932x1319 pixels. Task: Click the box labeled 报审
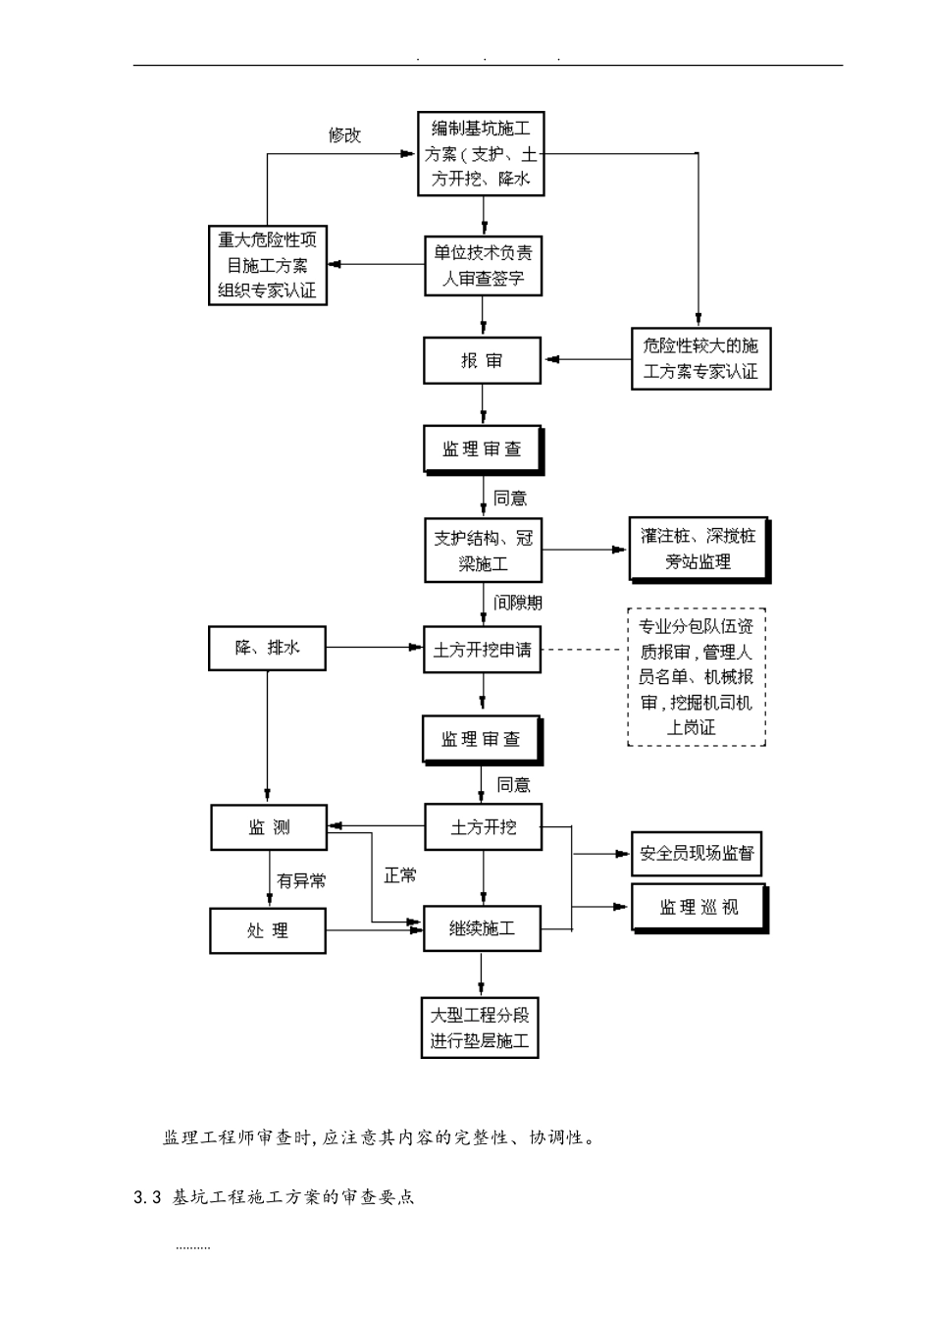(x=482, y=360)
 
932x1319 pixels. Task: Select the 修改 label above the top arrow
(x=344, y=135)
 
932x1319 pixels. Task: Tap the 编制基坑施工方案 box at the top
(x=481, y=154)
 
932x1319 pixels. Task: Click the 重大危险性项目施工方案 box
(x=267, y=266)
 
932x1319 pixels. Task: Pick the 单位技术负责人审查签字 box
(x=482, y=265)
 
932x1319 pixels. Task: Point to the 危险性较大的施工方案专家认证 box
(x=699, y=358)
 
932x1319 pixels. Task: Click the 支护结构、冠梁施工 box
(x=483, y=551)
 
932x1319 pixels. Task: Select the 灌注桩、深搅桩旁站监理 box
(x=699, y=550)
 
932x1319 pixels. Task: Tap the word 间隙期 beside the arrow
(x=518, y=602)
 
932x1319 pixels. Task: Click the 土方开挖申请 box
(x=482, y=650)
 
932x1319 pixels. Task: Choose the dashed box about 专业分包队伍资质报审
(x=696, y=677)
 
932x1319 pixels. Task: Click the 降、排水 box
(x=267, y=649)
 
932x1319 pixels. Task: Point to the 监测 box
(x=269, y=827)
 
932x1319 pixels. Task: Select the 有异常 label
(x=300, y=881)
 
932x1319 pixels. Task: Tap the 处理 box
(x=267, y=930)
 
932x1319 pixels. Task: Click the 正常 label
(x=400, y=875)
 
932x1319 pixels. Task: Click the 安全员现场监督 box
(x=697, y=854)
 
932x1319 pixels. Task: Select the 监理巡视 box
(x=698, y=908)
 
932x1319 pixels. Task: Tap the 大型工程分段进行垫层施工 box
(x=480, y=1028)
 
